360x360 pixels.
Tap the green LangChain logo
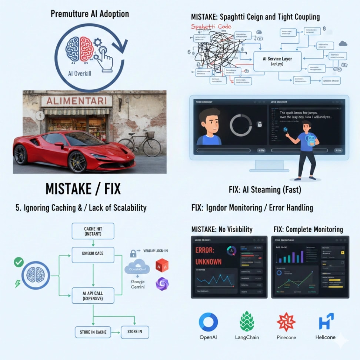pyautogui.click(x=247, y=321)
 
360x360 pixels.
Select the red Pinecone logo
pyautogui.click(x=286, y=321)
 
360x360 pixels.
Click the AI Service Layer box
pyautogui.click(x=277, y=61)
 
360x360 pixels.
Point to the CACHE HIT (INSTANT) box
pyautogui.click(x=93, y=231)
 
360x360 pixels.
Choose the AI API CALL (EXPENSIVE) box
pyautogui.click(x=93, y=295)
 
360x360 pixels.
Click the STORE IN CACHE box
pyautogui.click(x=93, y=332)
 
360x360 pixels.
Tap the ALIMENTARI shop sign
pyautogui.click(x=77, y=101)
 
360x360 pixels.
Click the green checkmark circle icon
pyautogui.click(x=19, y=263)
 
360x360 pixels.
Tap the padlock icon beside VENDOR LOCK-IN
pyautogui.click(x=133, y=253)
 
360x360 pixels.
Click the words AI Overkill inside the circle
pyautogui.click(x=80, y=73)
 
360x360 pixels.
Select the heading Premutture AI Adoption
pyautogui.click(x=90, y=14)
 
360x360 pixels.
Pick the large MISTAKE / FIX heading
pyautogui.click(x=83, y=189)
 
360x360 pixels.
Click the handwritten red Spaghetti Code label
pyautogui.click(x=211, y=26)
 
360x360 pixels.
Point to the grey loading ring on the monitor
pyautogui.click(x=241, y=125)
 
